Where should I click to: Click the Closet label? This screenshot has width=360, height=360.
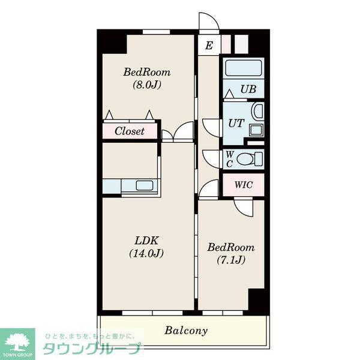pyautogui.click(x=130, y=131)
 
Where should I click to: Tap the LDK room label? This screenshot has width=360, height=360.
pyautogui.click(x=146, y=241)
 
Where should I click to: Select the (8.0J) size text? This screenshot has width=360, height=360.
pyautogui.click(x=147, y=85)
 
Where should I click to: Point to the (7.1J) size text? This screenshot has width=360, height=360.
pyautogui.click(x=231, y=260)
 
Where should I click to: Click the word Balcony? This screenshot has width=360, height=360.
pyautogui.click(x=186, y=331)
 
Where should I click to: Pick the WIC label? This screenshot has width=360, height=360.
pyautogui.click(x=244, y=185)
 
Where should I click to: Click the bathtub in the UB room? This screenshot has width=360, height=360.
pyautogui.click(x=244, y=68)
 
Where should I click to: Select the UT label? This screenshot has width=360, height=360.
pyautogui.click(x=236, y=123)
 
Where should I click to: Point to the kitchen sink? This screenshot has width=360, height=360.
pyautogui.click(x=145, y=185)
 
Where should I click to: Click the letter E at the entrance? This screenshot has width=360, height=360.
pyautogui.click(x=209, y=45)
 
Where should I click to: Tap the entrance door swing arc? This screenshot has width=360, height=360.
pyautogui.click(x=213, y=18)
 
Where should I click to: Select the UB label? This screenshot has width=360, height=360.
pyautogui.click(x=248, y=89)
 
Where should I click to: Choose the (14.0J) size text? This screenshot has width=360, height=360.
pyautogui.click(x=146, y=253)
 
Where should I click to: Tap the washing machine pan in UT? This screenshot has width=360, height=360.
pyautogui.click(x=256, y=130)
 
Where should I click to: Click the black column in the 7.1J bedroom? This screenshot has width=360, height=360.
pyautogui.click(x=257, y=299)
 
